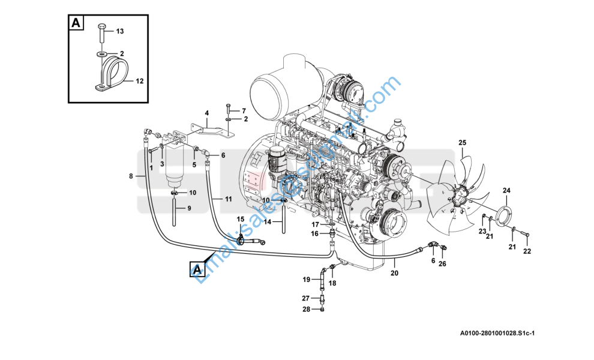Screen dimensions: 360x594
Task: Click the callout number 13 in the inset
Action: point(119,31)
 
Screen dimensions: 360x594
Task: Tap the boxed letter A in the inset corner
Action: point(76,23)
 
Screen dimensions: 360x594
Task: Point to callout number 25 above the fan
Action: point(462,142)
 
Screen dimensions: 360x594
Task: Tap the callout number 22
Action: point(527,251)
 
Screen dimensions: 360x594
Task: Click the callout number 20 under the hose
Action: point(394,273)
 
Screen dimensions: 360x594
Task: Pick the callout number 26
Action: point(442,263)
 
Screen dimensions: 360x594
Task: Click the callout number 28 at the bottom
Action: point(305,309)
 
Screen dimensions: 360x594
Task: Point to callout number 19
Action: point(306,280)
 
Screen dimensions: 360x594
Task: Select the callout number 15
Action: point(240,220)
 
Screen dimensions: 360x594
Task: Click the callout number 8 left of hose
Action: point(131,176)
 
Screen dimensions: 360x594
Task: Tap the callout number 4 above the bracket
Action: point(206,113)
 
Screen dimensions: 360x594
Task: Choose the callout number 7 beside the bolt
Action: point(244,111)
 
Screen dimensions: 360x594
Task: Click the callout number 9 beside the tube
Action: point(188,208)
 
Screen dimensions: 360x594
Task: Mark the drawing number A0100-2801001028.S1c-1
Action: point(497,334)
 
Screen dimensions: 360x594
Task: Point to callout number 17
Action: point(315,224)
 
